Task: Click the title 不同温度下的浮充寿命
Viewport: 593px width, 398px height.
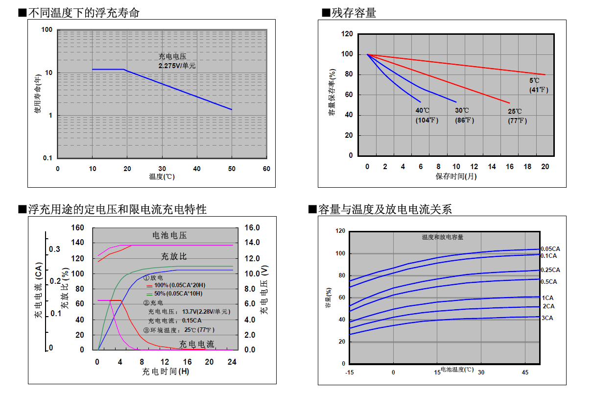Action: (84, 13)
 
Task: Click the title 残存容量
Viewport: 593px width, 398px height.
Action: (354, 13)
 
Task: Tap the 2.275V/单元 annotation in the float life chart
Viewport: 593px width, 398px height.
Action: (177, 66)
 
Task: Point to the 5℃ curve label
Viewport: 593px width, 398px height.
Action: (534, 80)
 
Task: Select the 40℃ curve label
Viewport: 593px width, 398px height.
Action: (422, 110)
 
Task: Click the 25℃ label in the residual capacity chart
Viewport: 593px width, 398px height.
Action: (515, 111)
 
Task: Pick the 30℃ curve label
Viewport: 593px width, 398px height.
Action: (462, 110)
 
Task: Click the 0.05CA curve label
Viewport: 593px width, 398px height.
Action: (550, 249)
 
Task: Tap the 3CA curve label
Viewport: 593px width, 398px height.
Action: (547, 318)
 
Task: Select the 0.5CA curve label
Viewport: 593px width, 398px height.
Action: (549, 282)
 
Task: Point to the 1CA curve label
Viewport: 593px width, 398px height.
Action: (547, 298)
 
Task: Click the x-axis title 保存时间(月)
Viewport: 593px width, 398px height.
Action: (456, 176)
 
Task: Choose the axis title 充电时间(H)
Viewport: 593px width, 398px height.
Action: (166, 372)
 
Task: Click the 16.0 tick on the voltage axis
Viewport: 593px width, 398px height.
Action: (252, 227)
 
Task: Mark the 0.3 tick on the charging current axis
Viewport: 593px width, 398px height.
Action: (54, 249)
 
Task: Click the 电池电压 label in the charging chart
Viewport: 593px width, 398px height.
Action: (170, 235)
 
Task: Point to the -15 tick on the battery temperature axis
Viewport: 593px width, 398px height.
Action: (350, 373)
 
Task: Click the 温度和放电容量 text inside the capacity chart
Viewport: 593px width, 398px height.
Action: (443, 237)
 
